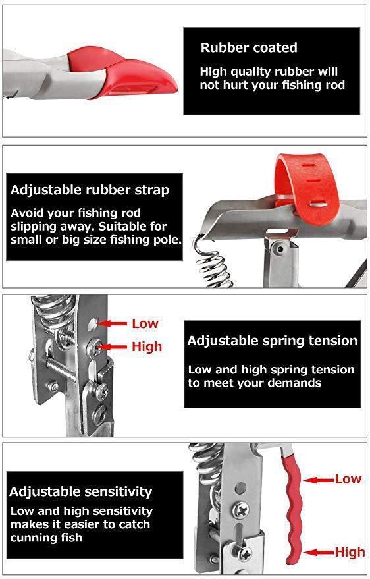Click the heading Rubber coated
tap(249, 47)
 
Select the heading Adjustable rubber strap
tap(90, 190)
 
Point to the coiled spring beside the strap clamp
tap(212, 263)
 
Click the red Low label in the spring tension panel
tap(145, 323)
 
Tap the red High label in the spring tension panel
tap(147, 346)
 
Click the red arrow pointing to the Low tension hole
tap(112, 324)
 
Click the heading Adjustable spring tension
tap(273, 341)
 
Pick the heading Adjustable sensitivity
tap(81, 491)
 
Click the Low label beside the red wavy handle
tap(348, 479)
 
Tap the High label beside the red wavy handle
tap(350, 552)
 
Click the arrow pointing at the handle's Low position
tap(319, 480)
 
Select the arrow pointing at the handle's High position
tap(319, 553)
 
